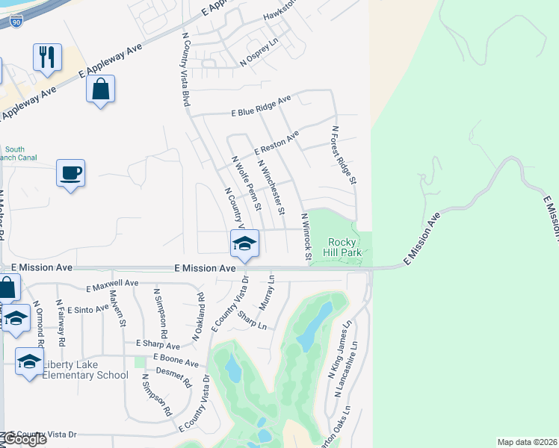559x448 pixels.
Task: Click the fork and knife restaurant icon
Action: click(x=47, y=57)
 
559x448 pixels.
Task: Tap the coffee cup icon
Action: click(x=71, y=173)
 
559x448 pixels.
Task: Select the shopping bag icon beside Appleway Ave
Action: click(x=100, y=90)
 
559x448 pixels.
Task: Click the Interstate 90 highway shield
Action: click(x=16, y=23)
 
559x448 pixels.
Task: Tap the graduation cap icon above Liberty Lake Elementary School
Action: click(x=29, y=362)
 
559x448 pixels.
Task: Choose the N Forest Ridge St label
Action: click(x=344, y=155)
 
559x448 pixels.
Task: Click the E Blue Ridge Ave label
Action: click(x=261, y=106)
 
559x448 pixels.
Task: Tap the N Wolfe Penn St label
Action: click(x=247, y=183)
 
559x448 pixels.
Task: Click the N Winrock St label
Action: click(x=306, y=237)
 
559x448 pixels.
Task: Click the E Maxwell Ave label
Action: click(x=113, y=284)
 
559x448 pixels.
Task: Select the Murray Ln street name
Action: click(x=268, y=293)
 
